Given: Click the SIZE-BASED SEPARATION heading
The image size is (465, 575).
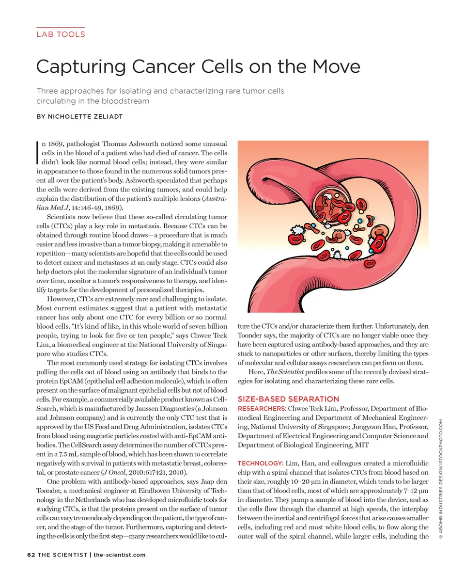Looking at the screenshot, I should pos(288,399).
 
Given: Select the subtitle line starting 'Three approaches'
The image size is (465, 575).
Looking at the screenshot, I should pos(160,91).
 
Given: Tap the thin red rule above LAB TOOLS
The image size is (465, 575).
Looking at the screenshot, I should pos(60,28).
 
